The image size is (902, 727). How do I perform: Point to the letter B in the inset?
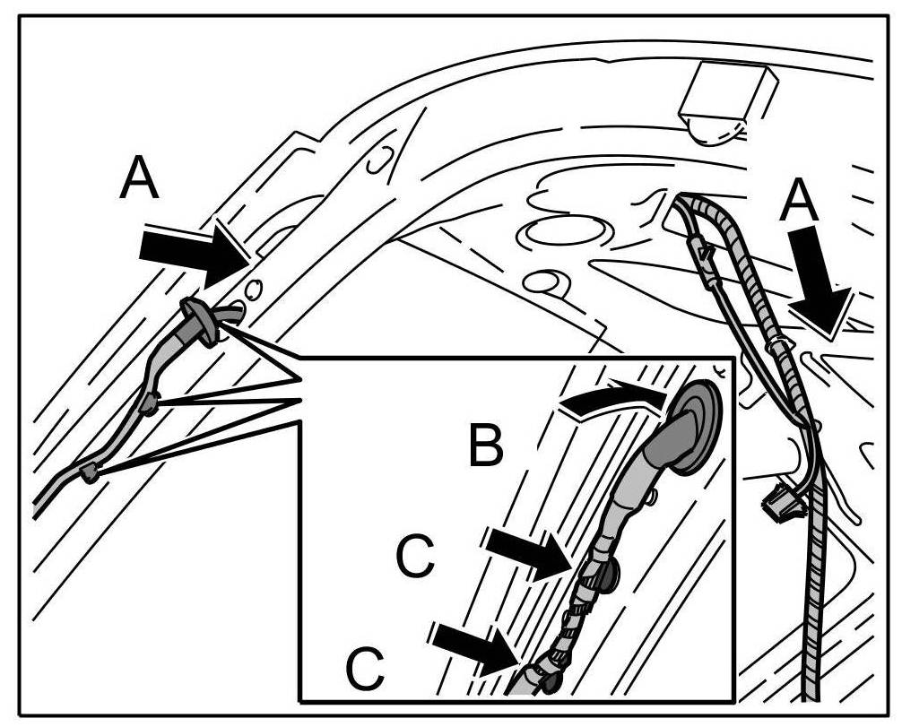[x=486, y=446]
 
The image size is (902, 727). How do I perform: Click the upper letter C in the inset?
[x=416, y=557]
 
